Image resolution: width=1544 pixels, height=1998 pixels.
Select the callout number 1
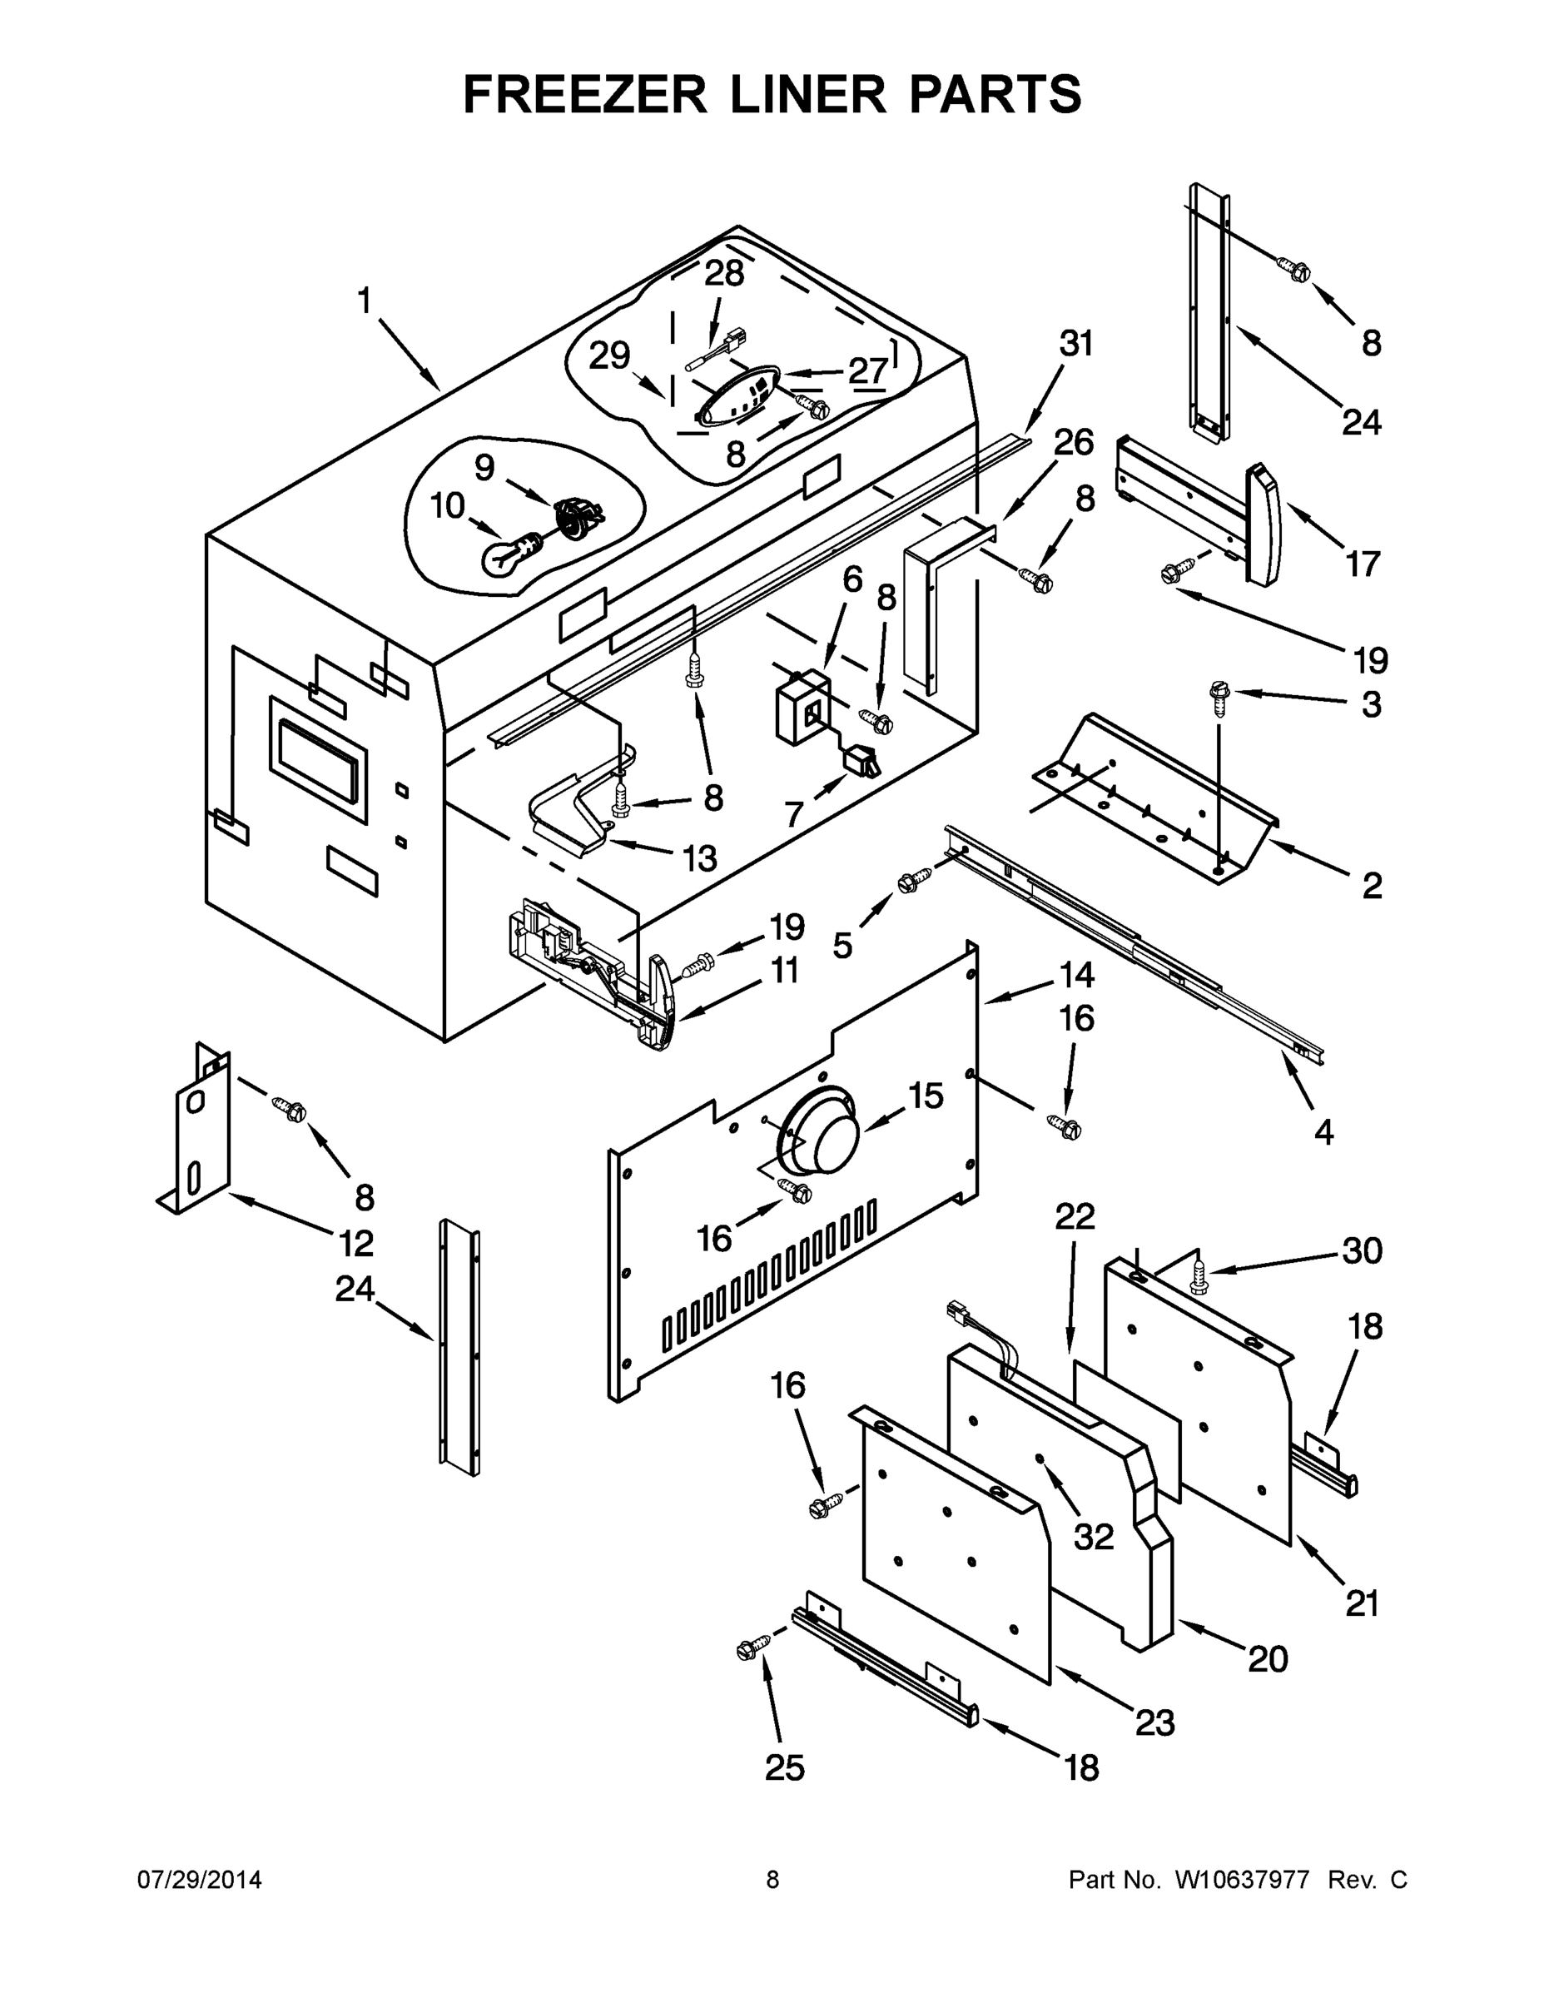coord(364,300)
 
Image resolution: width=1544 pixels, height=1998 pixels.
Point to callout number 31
coord(1076,344)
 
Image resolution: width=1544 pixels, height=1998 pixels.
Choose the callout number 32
coord(1093,1538)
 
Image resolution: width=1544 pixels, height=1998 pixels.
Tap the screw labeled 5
coord(914,882)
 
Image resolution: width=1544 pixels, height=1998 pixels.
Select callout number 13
coord(700,858)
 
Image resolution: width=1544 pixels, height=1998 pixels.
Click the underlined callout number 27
coord(867,371)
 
